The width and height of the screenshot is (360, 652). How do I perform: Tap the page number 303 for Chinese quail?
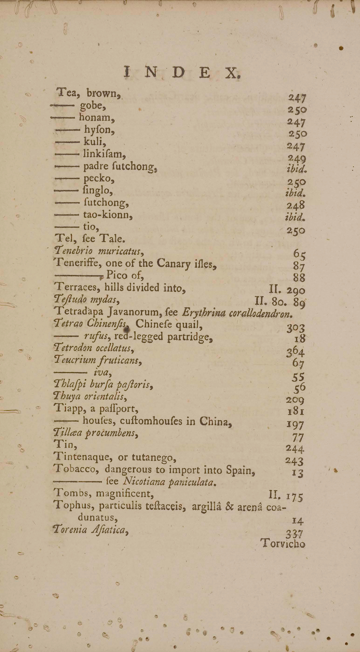coord(295,328)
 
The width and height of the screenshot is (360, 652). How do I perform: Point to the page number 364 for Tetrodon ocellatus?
coord(295,352)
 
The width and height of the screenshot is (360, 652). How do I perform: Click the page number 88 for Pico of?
coord(299,278)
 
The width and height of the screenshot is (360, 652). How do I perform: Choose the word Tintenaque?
coord(84,457)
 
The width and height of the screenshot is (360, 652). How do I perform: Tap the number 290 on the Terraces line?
coord(296,291)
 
